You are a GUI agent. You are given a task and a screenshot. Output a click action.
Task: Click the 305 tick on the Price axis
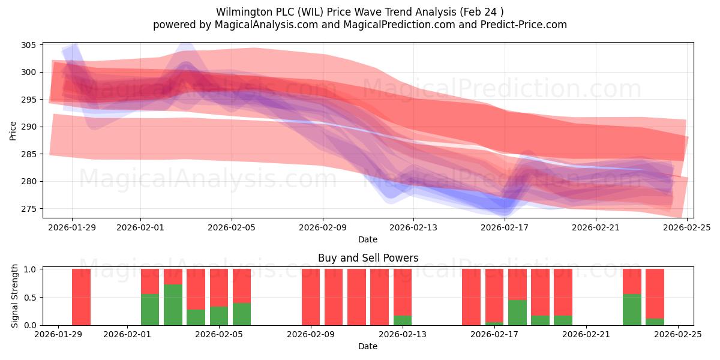point(29,45)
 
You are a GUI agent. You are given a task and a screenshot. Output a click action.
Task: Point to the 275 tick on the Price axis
point(29,209)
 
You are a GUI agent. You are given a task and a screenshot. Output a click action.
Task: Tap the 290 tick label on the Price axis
point(29,127)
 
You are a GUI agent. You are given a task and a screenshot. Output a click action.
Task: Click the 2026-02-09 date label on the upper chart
point(323,227)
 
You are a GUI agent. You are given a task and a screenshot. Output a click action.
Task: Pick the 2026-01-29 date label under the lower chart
point(59,335)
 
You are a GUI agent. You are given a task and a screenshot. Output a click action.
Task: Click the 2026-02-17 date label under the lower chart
point(494,335)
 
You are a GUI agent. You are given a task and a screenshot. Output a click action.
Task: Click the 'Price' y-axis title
point(13,130)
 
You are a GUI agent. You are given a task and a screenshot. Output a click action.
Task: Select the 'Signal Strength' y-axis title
point(15,297)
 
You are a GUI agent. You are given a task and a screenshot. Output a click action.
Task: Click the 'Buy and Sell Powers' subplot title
point(368,258)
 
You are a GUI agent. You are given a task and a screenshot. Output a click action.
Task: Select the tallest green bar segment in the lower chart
point(173,305)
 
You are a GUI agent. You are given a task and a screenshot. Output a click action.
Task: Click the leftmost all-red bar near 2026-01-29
point(81,297)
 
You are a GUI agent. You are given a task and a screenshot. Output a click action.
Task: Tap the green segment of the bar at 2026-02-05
point(219,316)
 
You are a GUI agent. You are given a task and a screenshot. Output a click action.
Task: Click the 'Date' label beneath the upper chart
point(368,239)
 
